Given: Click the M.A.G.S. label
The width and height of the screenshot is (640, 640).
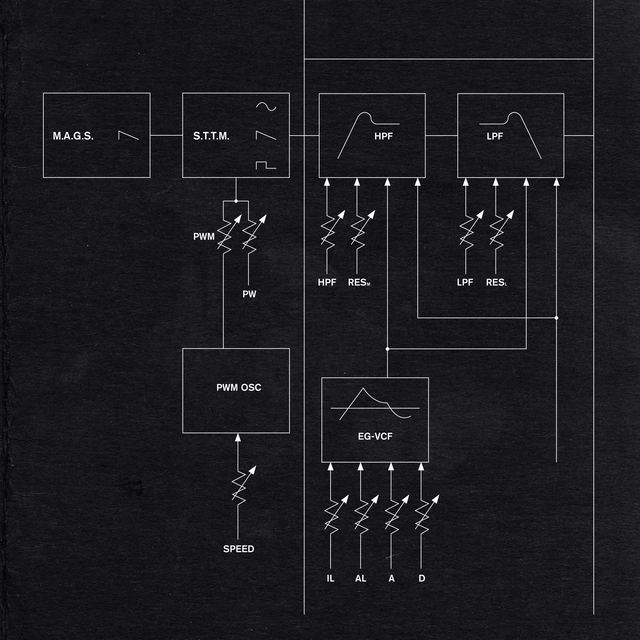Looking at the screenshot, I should click(x=73, y=135).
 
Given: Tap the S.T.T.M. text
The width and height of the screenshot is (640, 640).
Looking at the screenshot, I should click(x=211, y=135).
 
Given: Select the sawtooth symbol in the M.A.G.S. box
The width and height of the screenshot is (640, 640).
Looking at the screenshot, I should click(x=125, y=135).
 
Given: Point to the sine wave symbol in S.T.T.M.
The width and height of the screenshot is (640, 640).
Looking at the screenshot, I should click(x=267, y=106).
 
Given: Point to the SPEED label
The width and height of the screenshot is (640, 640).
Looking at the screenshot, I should click(x=238, y=549).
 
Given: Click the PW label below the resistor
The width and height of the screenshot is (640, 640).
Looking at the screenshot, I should click(x=250, y=294).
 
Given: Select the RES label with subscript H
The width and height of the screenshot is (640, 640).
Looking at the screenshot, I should click(x=359, y=283).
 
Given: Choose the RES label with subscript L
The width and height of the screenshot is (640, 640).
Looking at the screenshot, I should click(x=496, y=283).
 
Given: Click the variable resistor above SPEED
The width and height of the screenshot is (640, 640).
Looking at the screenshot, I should click(x=238, y=486).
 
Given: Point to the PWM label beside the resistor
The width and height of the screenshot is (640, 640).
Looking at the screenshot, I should click(x=205, y=237).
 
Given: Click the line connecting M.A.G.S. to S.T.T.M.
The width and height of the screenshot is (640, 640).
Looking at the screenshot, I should click(x=166, y=135).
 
